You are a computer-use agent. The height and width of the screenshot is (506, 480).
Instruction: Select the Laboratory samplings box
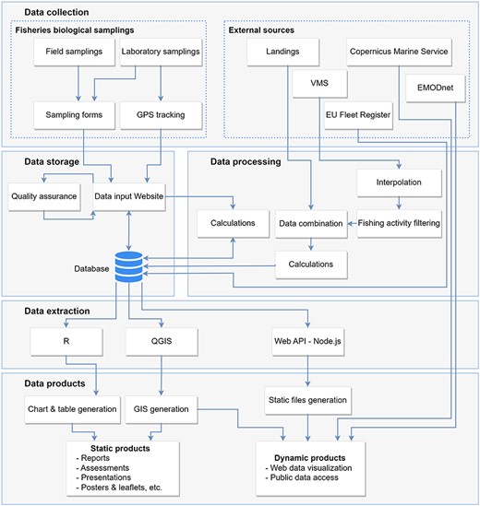(161, 52)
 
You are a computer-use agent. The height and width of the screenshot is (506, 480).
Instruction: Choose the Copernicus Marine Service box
(400, 52)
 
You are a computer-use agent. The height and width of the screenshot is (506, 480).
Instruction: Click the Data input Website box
(130, 195)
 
